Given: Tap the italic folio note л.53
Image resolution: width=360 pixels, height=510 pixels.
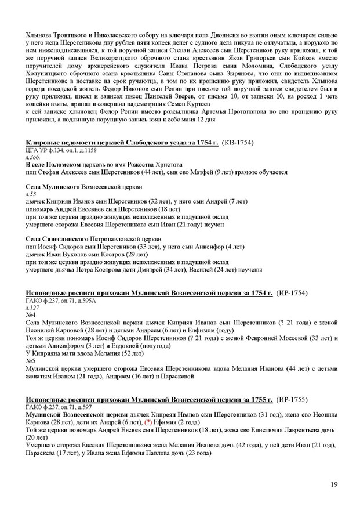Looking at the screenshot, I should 32,194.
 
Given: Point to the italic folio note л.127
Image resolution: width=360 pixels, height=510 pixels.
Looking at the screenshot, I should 34,308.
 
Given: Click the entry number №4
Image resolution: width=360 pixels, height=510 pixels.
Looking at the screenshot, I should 31,314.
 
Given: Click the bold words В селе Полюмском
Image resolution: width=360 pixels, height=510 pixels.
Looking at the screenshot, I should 51,164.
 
